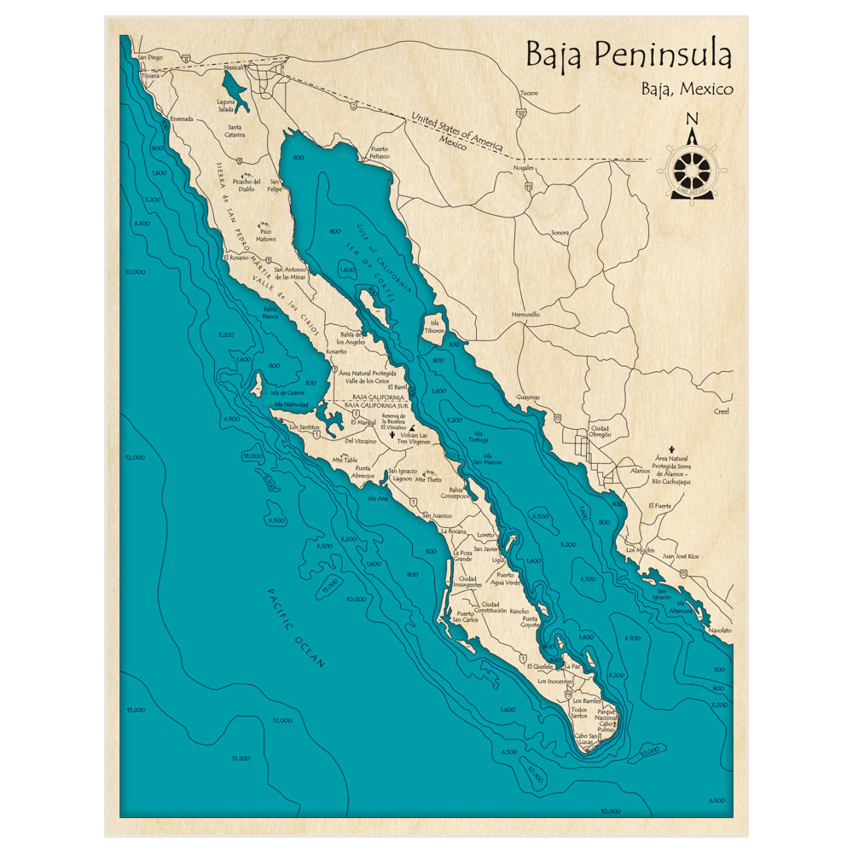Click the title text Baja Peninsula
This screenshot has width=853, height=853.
coord(628,55)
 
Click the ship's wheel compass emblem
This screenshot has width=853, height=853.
coord(691,170)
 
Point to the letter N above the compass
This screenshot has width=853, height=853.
coord(692,119)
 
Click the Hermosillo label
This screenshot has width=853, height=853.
coord(525,315)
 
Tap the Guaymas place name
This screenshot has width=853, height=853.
coord(529,397)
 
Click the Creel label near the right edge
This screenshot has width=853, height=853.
coord(722,411)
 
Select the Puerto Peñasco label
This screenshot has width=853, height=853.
coord(380,154)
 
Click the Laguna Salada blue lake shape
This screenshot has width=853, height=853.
coord(231,89)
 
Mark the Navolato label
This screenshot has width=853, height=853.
coord(720,630)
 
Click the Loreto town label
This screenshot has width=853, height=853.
coord(486,535)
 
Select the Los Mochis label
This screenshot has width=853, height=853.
coord(641,550)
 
